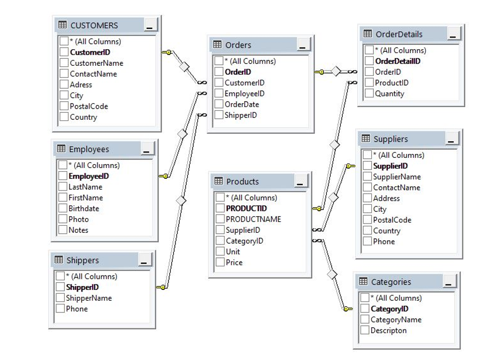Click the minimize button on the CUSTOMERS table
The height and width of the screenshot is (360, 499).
click(151, 25)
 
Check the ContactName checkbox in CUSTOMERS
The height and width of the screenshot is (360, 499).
click(64, 74)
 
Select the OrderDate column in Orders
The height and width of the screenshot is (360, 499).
click(241, 104)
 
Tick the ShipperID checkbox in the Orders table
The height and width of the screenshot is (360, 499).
click(219, 115)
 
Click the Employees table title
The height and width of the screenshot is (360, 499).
click(89, 149)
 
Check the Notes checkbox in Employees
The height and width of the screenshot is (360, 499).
click(63, 230)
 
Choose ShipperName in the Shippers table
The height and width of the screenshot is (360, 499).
click(89, 298)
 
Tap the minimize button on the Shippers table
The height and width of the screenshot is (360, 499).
click(145, 261)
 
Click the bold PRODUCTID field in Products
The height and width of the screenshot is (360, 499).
click(246, 209)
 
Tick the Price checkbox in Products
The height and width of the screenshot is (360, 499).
click(220, 263)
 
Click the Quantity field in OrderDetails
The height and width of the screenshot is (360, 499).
click(389, 94)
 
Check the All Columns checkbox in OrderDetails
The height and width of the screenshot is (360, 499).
click(370, 50)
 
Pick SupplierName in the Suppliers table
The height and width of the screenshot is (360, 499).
click(397, 177)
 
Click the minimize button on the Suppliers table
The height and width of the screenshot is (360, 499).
click(452, 139)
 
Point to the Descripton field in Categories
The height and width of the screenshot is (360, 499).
click(388, 331)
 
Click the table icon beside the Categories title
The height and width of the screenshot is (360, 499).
click(363, 281)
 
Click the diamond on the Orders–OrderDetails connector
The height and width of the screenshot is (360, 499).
click(336, 72)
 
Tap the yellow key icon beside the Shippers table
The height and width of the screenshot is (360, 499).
click(161, 288)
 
